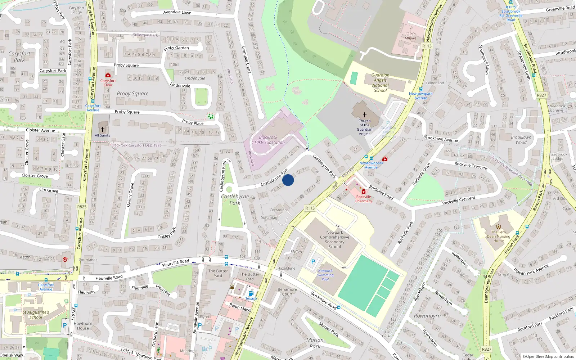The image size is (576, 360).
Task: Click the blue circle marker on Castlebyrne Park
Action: point(288,180)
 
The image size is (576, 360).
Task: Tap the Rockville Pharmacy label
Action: point(364,199)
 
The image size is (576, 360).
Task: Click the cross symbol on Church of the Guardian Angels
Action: point(365,115)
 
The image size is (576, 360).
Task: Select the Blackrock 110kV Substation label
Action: point(268,140)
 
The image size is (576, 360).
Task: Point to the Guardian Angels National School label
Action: point(381,83)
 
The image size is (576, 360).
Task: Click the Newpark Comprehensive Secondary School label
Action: point(335,239)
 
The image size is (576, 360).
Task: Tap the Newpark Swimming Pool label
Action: point(325,275)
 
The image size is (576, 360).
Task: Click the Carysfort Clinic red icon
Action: point(108,75)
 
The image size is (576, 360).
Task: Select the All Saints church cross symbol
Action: point(103,130)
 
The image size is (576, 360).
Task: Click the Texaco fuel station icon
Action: point(251,294)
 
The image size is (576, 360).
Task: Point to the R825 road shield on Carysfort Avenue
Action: point(82,207)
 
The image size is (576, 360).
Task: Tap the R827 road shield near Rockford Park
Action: point(486,349)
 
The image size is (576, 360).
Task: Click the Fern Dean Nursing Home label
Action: point(499,236)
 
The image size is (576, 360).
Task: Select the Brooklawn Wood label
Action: point(521,140)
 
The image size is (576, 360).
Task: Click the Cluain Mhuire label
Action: point(410,36)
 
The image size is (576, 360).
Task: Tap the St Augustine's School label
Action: point(36,315)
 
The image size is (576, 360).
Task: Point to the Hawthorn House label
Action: point(83,326)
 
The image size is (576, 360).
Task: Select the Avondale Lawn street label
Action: point(177,12)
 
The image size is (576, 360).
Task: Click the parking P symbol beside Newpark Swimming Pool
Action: point(313,262)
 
